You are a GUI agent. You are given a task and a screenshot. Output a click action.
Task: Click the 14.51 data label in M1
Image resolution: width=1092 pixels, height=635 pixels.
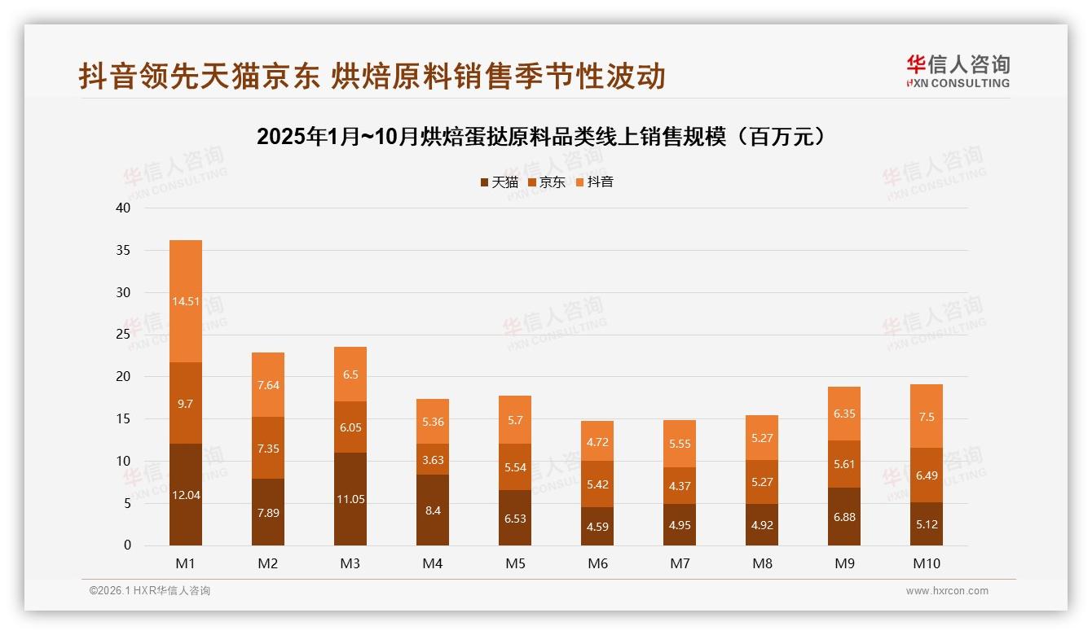point(186,301)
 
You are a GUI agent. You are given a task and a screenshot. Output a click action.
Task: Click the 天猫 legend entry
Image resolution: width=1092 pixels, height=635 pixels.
point(499,182)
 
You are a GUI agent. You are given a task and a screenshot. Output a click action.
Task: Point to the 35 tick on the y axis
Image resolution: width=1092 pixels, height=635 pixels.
point(123,250)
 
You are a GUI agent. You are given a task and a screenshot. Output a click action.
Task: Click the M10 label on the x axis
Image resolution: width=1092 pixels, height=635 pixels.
point(927,563)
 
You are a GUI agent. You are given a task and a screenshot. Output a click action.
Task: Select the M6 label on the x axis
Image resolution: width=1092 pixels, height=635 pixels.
point(597,563)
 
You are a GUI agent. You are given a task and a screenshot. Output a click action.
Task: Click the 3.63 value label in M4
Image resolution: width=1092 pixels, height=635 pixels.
point(433,460)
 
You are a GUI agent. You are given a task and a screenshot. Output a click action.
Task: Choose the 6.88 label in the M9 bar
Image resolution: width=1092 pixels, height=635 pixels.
point(844,517)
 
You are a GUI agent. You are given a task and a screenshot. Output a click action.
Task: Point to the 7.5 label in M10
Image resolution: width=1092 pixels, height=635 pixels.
point(927,417)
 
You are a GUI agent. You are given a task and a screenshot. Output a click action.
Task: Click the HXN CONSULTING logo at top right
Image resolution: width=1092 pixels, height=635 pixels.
point(958,72)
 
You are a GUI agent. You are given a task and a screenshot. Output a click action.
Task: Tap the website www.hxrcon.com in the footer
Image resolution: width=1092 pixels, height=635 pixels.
point(947,591)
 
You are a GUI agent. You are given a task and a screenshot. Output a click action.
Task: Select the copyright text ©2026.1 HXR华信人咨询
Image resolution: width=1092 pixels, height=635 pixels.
point(150,591)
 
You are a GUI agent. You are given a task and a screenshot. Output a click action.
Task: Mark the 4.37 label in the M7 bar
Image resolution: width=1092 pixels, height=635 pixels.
point(680,487)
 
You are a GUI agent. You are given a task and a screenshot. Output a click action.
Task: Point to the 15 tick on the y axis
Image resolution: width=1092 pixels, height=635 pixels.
point(123,418)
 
